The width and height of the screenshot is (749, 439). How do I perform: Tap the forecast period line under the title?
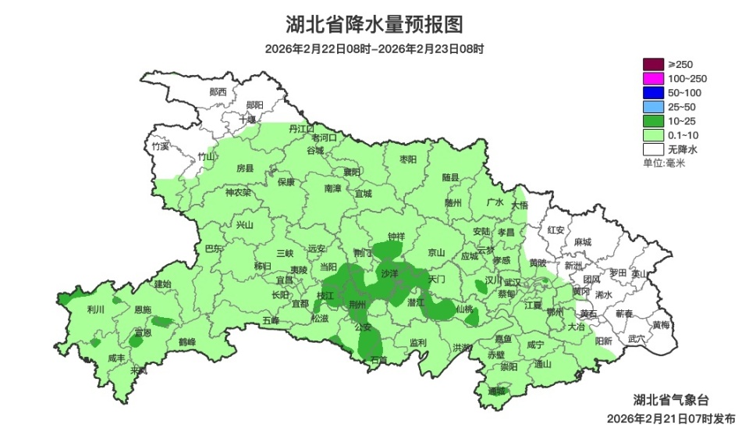(374, 49)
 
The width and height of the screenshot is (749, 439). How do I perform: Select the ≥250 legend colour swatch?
(653, 64)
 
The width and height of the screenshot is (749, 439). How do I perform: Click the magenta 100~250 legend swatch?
(653, 78)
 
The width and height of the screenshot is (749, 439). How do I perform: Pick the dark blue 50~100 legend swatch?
(653, 92)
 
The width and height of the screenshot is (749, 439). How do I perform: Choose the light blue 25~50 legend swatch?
(653, 106)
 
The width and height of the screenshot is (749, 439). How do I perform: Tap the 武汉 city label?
(513, 282)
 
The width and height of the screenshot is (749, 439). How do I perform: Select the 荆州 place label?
(358, 305)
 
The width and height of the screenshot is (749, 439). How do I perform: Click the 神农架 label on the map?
(238, 192)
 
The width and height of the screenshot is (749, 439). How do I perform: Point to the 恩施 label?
(143, 309)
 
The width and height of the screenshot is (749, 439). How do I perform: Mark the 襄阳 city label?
(353, 171)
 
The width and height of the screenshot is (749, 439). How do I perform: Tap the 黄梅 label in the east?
(660, 324)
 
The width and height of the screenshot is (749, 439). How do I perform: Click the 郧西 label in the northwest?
(218, 91)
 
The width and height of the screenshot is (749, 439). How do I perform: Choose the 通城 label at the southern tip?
(497, 391)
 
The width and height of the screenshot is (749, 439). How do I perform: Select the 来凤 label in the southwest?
(139, 370)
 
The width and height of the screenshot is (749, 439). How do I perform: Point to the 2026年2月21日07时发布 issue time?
(671, 419)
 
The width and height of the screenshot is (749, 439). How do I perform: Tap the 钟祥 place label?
(396, 236)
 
